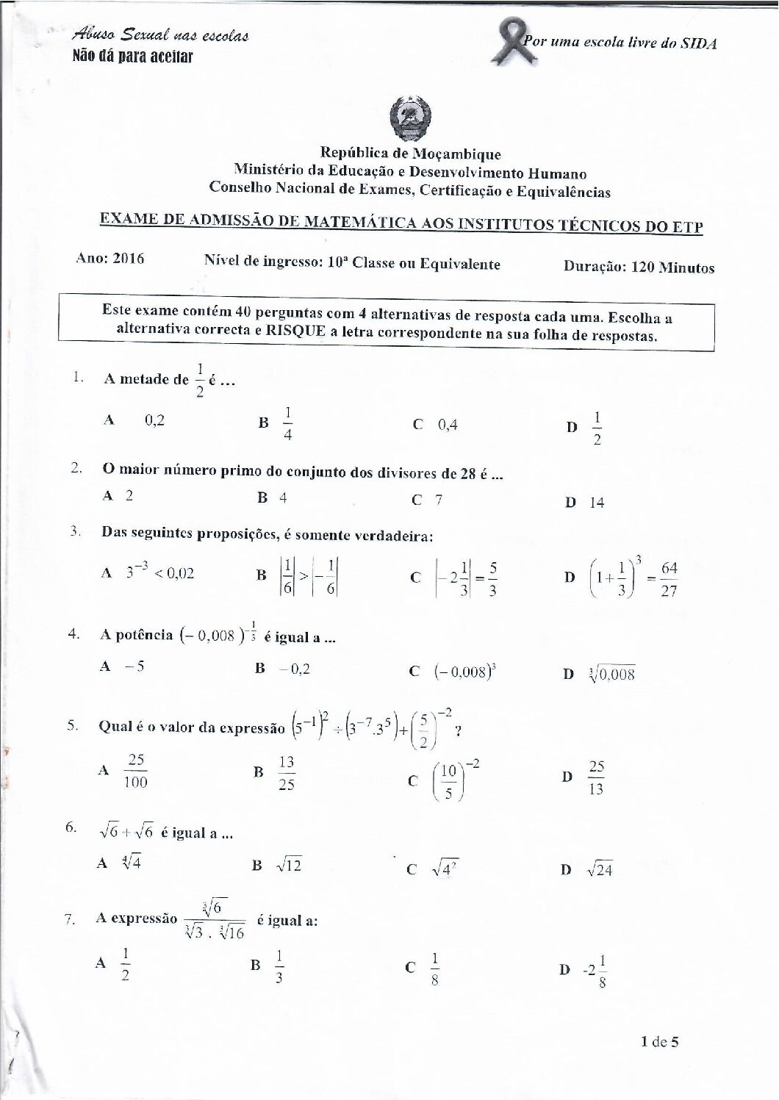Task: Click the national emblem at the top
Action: (x=410, y=118)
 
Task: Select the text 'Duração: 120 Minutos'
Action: (x=639, y=267)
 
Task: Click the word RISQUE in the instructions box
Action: (x=285, y=335)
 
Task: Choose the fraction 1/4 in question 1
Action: (x=287, y=424)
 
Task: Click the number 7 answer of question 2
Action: (x=438, y=500)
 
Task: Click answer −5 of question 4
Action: (x=132, y=666)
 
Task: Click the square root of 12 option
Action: (x=287, y=866)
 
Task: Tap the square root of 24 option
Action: (x=599, y=871)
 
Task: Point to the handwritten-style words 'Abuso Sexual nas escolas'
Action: (x=161, y=35)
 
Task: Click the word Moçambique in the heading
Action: (x=456, y=154)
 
